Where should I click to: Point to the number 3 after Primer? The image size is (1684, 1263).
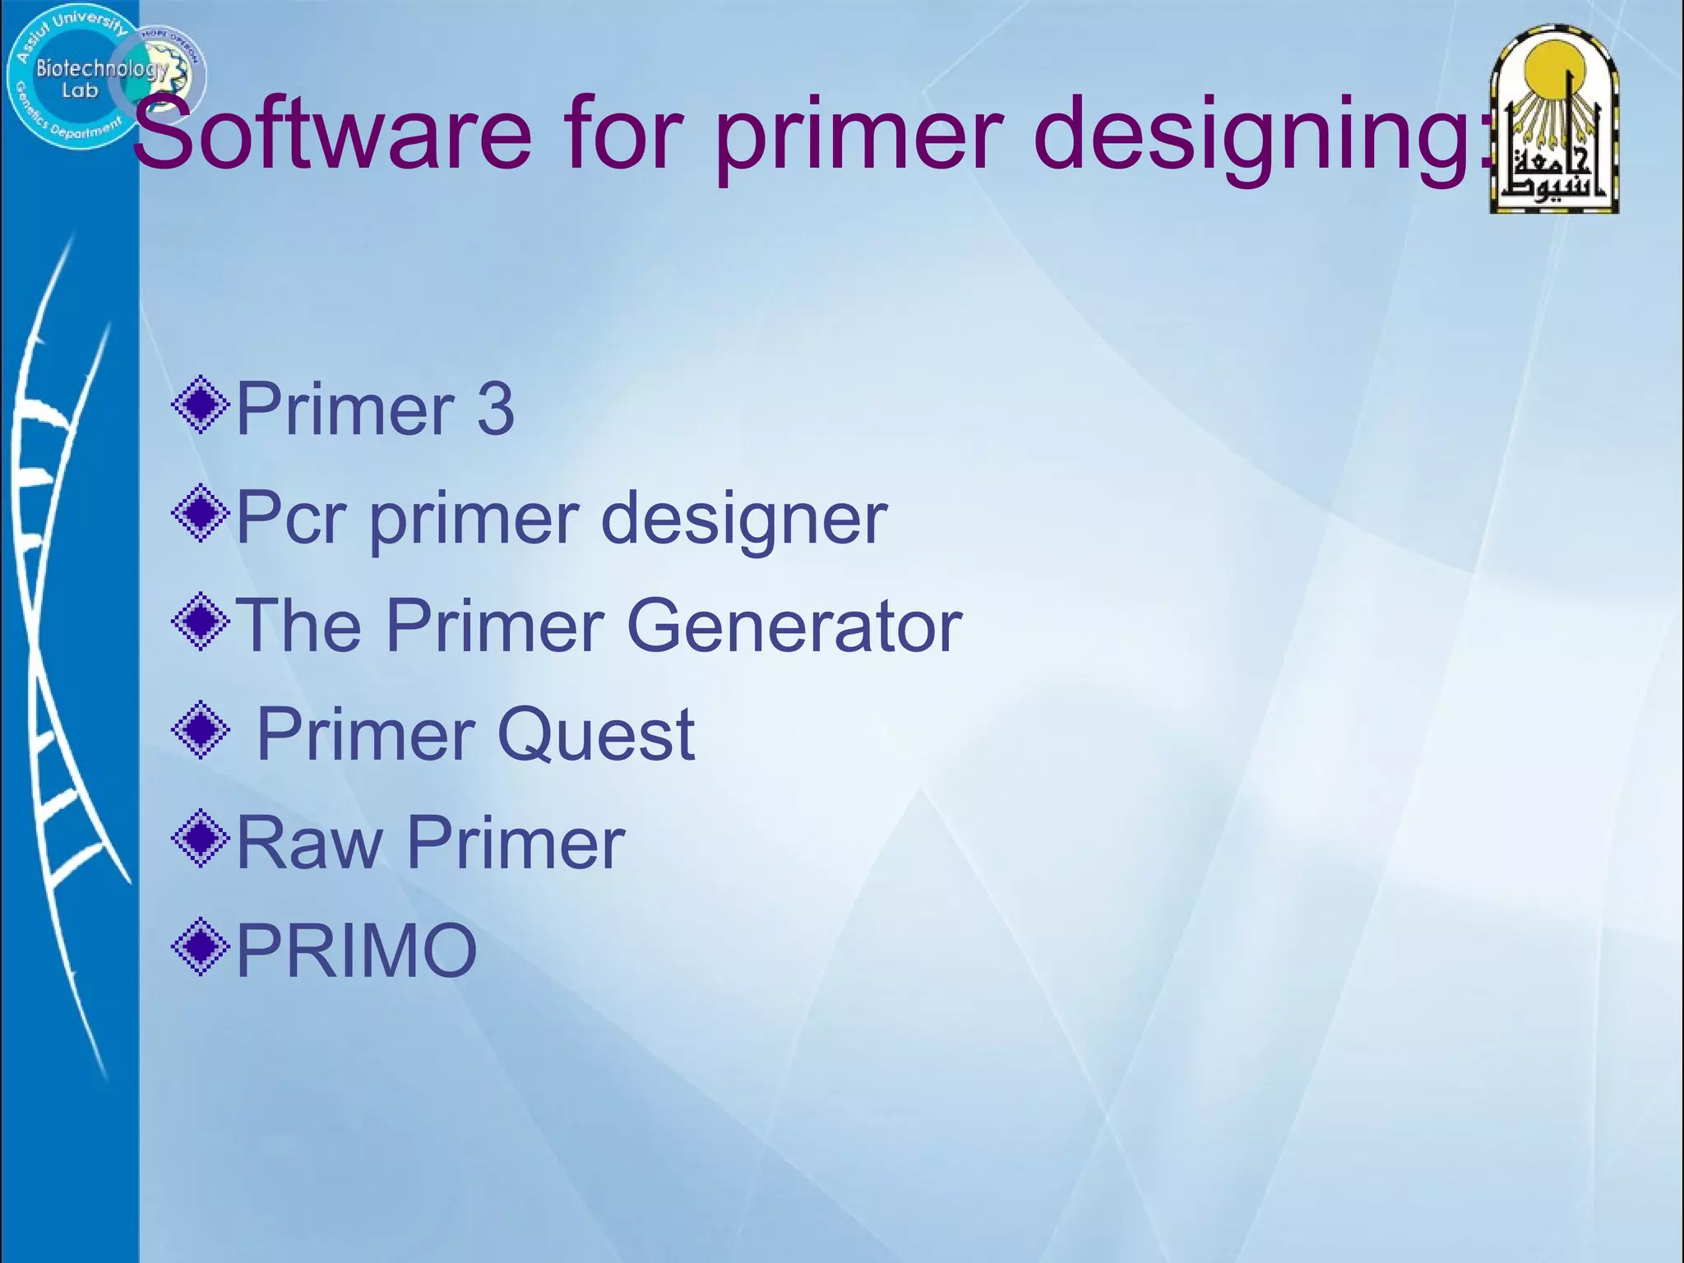click(x=495, y=409)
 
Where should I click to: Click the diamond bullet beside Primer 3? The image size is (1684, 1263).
click(x=200, y=405)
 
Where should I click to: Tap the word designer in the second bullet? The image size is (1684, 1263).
click(x=744, y=520)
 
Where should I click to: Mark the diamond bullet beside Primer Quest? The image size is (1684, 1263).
click(x=200, y=729)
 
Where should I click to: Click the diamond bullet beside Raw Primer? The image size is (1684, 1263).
click(x=200, y=838)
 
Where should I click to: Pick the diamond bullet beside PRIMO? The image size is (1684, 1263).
click(x=200, y=946)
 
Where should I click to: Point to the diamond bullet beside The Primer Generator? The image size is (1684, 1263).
click(x=200, y=622)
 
